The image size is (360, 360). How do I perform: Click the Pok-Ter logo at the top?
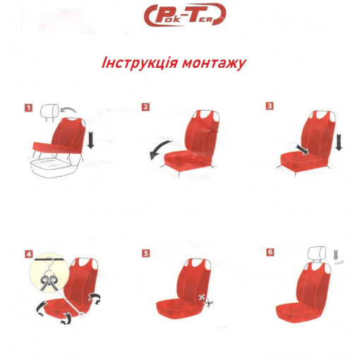pyautogui.click(x=185, y=15)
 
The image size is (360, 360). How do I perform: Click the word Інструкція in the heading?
pyautogui.click(x=140, y=63)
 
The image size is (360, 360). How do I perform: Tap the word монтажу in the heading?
pyautogui.click(x=214, y=64)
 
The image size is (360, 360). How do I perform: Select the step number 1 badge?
pyautogui.click(x=29, y=108)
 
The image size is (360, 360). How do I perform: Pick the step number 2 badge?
pyautogui.click(x=145, y=107)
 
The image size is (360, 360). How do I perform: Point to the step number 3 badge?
pyautogui.click(x=270, y=106)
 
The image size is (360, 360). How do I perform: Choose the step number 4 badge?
pyautogui.click(x=29, y=254)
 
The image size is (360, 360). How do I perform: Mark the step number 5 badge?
pyautogui.click(x=146, y=253)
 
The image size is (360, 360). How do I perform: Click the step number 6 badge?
pyautogui.click(x=270, y=252)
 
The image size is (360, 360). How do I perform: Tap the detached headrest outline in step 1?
pyautogui.click(x=49, y=112)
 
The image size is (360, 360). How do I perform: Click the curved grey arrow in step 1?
pyautogui.click(x=68, y=109)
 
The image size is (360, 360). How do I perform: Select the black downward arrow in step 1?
pyautogui.click(x=90, y=140)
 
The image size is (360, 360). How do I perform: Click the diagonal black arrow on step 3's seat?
pyautogui.click(x=302, y=150)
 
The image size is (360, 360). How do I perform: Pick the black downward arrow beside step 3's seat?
pyautogui.click(x=338, y=142)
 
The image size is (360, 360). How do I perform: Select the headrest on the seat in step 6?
pyautogui.click(x=317, y=253)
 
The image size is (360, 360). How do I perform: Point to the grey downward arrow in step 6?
pyautogui.click(x=336, y=255)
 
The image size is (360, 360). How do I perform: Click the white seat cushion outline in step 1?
pyautogui.click(x=53, y=167)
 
